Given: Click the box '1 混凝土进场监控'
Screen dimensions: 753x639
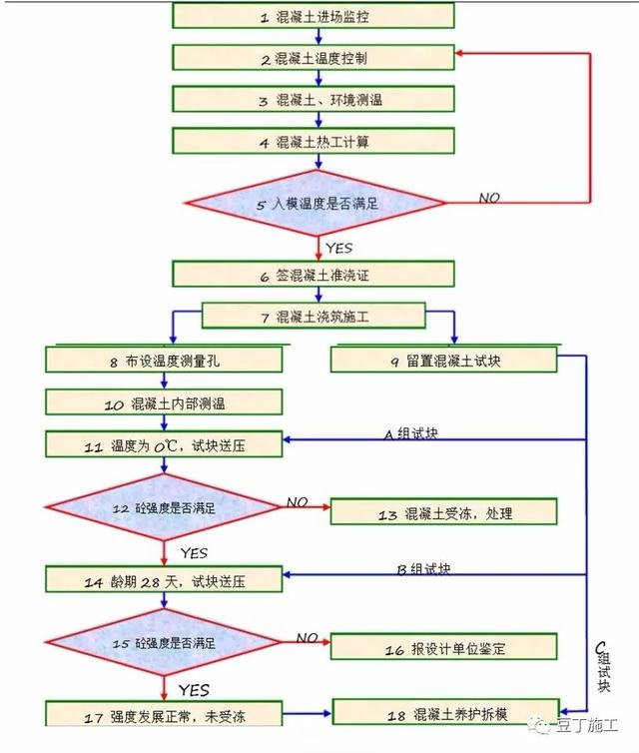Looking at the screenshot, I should (314, 17).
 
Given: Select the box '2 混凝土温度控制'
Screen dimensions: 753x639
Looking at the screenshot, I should (314, 58).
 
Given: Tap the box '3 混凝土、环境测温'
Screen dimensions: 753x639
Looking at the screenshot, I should (314, 100).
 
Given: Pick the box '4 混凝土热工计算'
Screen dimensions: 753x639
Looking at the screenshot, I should (314, 142).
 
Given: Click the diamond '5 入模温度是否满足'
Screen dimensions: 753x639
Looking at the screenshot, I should (317, 204).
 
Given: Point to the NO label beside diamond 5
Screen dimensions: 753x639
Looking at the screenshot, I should (488, 198).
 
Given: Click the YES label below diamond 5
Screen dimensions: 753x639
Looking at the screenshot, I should (338, 247).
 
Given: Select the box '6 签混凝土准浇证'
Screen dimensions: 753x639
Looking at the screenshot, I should (314, 276).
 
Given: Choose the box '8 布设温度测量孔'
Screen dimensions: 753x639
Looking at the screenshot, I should (164, 361).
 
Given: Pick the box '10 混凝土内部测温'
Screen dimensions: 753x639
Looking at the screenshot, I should (164, 402).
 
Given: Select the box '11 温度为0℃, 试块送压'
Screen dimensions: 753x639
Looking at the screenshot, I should (164, 445).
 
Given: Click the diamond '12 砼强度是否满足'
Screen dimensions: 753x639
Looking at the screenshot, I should (164, 508).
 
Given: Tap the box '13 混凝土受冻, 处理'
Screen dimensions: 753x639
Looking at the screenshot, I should (442, 513).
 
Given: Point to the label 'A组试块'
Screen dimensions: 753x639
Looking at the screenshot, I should (410, 433).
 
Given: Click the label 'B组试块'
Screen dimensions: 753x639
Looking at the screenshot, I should (423, 569).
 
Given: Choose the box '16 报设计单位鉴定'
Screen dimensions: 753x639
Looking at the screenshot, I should (442, 649).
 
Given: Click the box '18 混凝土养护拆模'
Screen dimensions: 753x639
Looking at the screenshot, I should (442, 713).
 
